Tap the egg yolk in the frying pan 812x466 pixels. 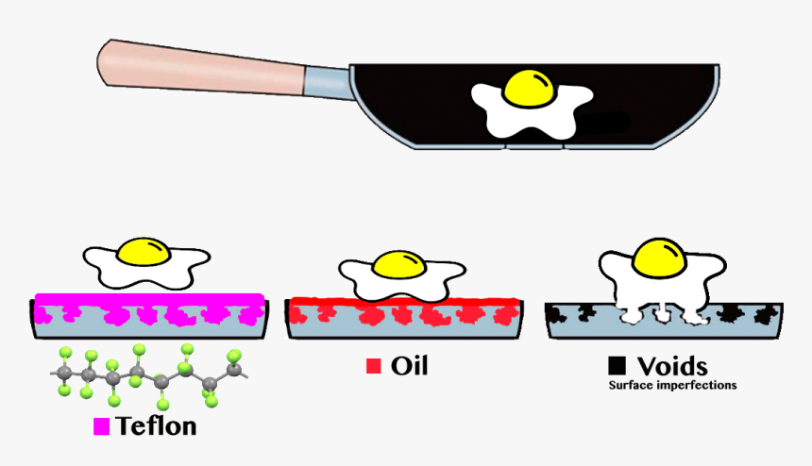[x=530, y=88]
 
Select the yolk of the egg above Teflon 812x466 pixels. [x=146, y=251]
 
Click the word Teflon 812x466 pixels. [x=157, y=425]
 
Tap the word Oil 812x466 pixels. [x=409, y=365]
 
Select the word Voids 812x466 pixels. [x=671, y=365]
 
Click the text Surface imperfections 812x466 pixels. [x=672, y=386]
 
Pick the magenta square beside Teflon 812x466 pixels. [x=101, y=426]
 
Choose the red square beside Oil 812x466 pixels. [x=373, y=366]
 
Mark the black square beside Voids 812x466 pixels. [x=617, y=365]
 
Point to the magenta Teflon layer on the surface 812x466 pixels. [x=149, y=301]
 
